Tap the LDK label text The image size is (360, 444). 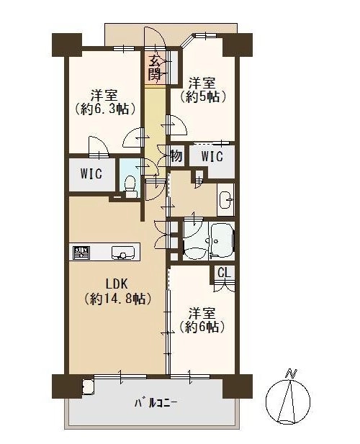click(117, 284)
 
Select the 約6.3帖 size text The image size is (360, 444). click(104, 109)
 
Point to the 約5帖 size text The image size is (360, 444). click(202, 96)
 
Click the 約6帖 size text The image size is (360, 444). click(202, 327)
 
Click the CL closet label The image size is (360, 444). click(225, 273)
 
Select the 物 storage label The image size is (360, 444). click(176, 155)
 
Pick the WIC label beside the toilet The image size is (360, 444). click(91, 173)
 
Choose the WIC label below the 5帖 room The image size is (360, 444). click(212, 156)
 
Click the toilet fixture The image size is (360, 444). click(130, 186)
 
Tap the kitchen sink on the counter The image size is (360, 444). click(123, 253)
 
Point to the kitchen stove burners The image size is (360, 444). click(81, 253)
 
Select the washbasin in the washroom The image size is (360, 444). click(225, 199)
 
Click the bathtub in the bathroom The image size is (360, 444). click(222, 240)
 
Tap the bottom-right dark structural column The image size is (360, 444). click(238, 386)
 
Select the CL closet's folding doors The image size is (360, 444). click(224, 286)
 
